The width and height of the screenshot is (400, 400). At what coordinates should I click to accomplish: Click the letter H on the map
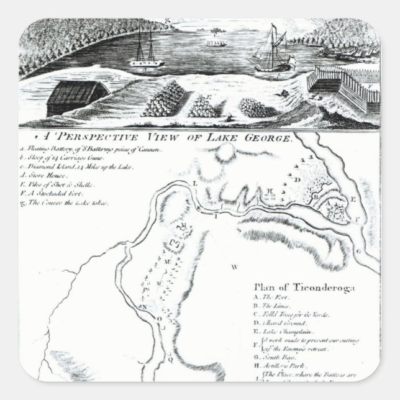coord(270,190)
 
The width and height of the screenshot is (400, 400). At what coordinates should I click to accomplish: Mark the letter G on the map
coord(358,252)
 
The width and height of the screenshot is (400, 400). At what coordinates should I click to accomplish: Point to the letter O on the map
coord(158,319)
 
